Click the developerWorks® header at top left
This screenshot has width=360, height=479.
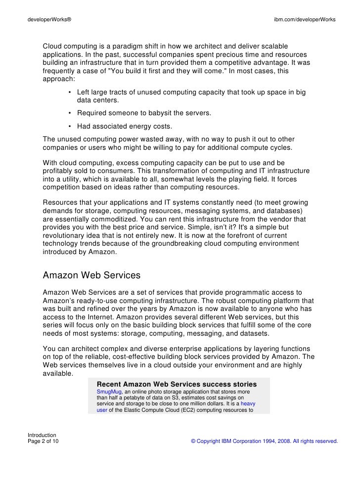point(49,19)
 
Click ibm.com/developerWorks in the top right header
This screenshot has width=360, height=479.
point(305,19)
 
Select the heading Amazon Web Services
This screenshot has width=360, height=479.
point(92,274)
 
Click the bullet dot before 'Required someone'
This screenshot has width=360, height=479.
point(71,113)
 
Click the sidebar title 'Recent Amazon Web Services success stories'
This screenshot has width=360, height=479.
point(177,384)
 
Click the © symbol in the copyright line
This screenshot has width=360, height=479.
point(193,441)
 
